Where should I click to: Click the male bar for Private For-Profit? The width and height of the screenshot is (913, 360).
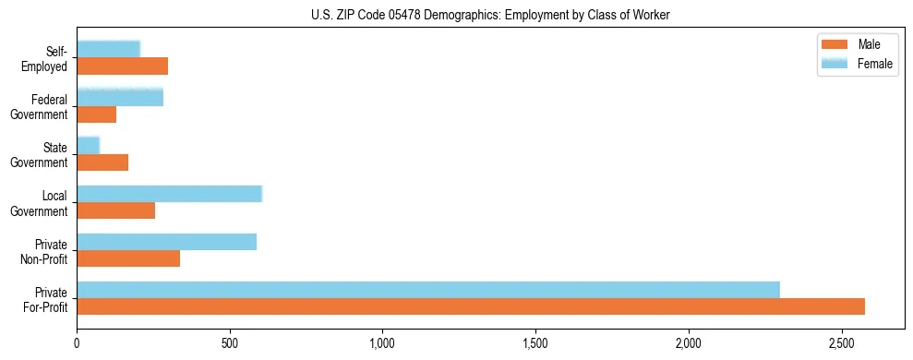pyautogui.click(x=471, y=306)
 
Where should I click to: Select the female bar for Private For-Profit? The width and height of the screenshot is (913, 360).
pyautogui.click(x=428, y=290)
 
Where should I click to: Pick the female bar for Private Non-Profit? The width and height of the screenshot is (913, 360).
pyautogui.click(x=167, y=242)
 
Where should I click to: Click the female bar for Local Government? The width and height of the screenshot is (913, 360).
pyautogui.click(x=170, y=194)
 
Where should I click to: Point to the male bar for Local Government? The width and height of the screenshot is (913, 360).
pyautogui.click(x=116, y=210)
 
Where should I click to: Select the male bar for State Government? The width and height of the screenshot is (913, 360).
pyautogui.click(x=102, y=162)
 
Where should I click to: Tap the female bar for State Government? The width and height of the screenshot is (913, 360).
pyautogui.click(x=89, y=146)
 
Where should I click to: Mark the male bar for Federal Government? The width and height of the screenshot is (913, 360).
pyautogui.click(x=97, y=114)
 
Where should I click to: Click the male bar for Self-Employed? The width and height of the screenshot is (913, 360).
pyautogui.click(x=123, y=66)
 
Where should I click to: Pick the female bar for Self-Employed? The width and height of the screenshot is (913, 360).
pyautogui.click(x=109, y=49)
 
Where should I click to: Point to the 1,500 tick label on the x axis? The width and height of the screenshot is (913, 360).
pyautogui.click(x=535, y=343)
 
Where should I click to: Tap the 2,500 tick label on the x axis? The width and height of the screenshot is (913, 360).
pyautogui.click(x=841, y=343)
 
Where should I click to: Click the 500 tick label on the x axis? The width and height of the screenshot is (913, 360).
pyautogui.click(x=230, y=343)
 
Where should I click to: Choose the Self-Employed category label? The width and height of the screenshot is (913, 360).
pyautogui.click(x=47, y=59)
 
